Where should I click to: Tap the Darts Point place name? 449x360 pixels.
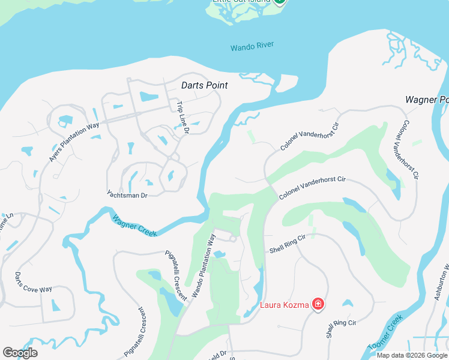(205, 86)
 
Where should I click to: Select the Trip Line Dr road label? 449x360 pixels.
(182, 117)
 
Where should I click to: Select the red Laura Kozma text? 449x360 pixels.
(284, 305)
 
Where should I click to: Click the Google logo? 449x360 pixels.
(20, 353)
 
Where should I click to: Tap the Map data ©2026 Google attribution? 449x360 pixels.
(412, 355)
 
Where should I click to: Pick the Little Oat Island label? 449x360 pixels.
(241, 2)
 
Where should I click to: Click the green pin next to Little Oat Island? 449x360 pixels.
(279, 2)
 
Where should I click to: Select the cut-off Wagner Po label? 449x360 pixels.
(427, 100)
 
